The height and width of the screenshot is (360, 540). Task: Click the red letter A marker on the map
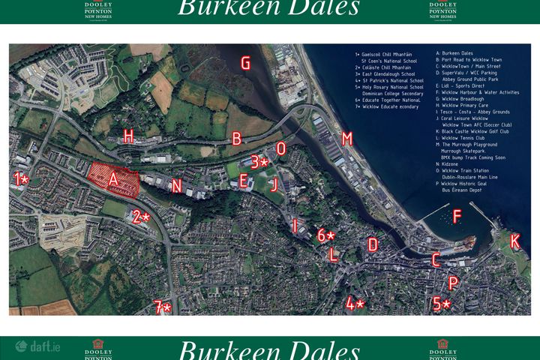click(113, 179)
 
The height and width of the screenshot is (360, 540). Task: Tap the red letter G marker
click(245, 63)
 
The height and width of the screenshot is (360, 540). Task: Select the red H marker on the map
click(129, 136)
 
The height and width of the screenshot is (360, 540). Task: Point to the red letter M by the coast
click(346, 139)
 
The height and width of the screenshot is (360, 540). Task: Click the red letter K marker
click(514, 241)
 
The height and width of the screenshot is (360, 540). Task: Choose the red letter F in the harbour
click(457, 217)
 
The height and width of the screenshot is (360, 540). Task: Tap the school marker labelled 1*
click(21, 179)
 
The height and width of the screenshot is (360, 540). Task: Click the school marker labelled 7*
click(162, 307)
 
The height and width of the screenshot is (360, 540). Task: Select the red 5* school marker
click(442, 304)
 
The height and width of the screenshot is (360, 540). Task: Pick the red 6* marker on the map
click(326, 235)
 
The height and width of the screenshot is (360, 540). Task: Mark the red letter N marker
click(176, 186)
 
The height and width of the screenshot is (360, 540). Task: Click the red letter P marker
click(453, 283)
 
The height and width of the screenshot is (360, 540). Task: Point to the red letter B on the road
click(237, 138)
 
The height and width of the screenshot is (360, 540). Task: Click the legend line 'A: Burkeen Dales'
click(454, 54)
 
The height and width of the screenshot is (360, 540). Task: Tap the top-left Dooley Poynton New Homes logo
click(98, 10)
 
